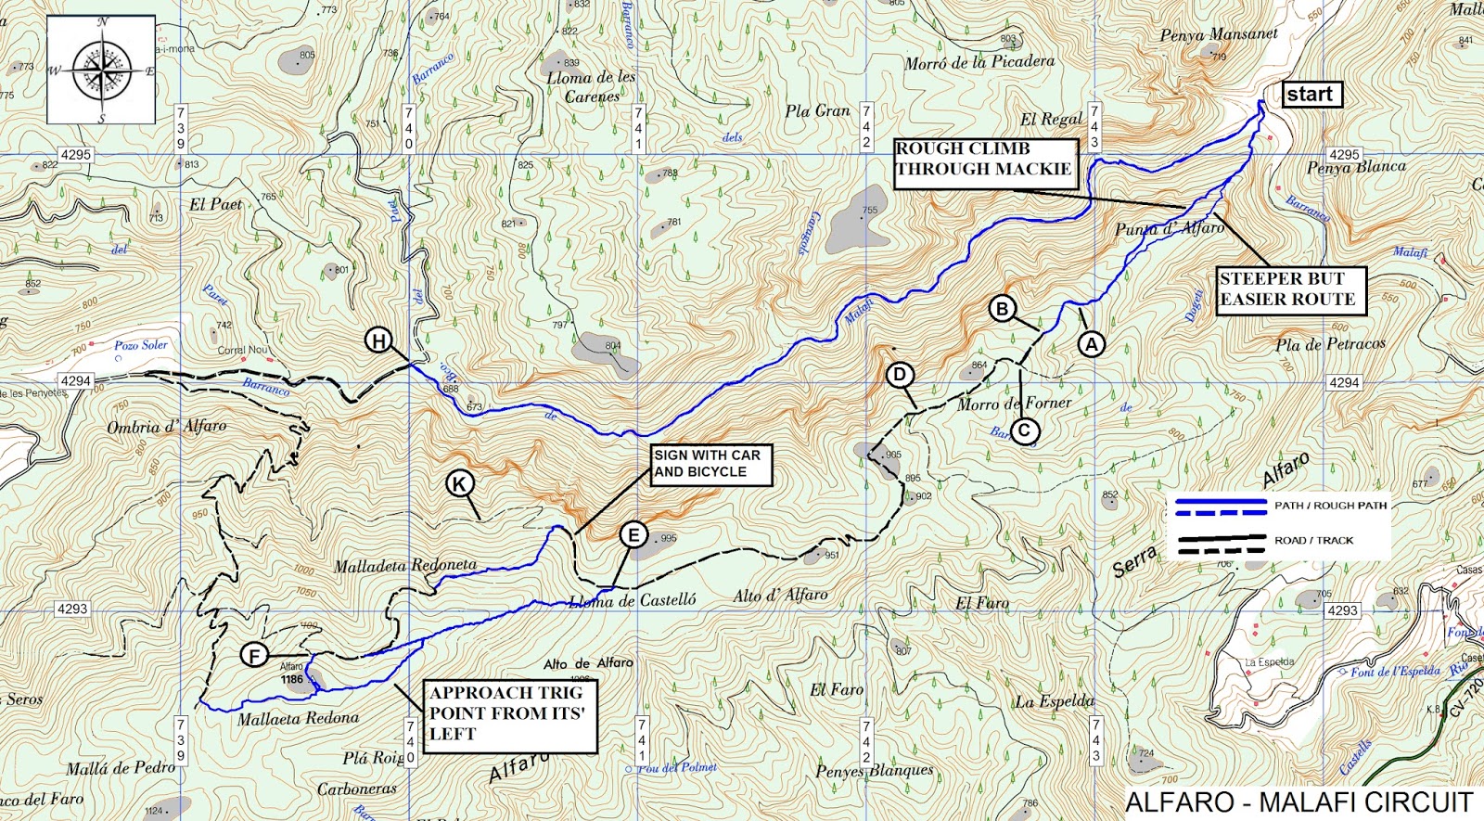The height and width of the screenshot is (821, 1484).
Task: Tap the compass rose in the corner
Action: [101, 70]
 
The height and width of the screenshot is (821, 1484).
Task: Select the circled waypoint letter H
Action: [378, 340]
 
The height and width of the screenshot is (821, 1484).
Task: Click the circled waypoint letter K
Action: [459, 483]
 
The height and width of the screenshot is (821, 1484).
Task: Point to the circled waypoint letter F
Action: [254, 656]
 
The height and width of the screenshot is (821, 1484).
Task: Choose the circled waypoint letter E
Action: [633, 534]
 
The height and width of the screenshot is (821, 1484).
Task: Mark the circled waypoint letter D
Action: [900, 375]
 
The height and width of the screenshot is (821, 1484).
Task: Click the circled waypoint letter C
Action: [1025, 430]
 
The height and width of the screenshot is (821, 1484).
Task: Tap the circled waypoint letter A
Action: [1092, 344]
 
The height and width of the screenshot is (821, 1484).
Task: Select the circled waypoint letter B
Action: [1002, 308]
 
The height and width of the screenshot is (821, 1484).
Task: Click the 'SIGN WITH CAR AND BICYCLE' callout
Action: [710, 464]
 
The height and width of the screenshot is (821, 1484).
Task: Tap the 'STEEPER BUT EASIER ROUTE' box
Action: [1291, 289]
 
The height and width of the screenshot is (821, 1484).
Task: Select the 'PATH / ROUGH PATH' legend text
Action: [1330, 506]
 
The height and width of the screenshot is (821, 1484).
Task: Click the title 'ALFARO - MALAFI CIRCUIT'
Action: [1298, 802]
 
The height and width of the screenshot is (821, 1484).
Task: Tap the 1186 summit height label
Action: [292, 679]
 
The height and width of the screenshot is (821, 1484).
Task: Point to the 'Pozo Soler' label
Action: [141, 345]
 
